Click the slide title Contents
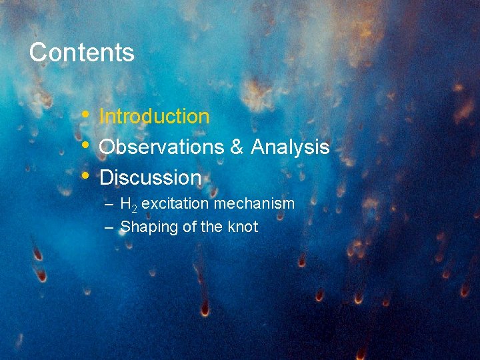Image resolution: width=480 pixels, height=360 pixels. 81,52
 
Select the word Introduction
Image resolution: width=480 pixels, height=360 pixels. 154,117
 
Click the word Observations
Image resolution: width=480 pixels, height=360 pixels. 161,147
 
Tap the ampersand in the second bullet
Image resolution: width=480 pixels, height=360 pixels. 237,147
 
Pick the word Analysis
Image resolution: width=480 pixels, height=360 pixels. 290,147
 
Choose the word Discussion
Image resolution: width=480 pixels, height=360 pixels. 150,178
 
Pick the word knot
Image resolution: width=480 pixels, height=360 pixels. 243,227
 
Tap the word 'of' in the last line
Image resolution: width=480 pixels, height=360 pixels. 189,227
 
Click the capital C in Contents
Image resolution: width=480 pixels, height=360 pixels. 37,52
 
